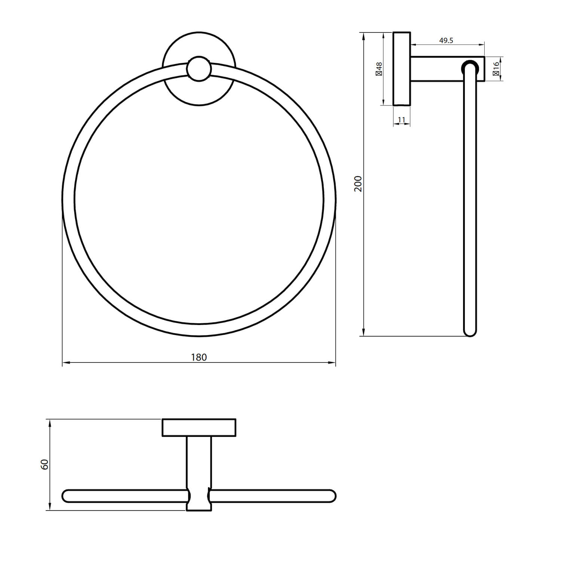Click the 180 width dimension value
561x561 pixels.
click(x=199, y=357)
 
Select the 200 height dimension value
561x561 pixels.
click(x=358, y=183)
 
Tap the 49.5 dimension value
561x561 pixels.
click(x=446, y=40)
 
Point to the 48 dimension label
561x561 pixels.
click(x=379, y=69)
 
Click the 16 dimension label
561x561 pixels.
click(x=496, y=69)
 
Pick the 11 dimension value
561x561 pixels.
click(x=401, y=120)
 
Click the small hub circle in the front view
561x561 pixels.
click(x=199, y=69)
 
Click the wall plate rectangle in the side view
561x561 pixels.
click(x=402, y=69)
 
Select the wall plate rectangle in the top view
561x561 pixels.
click(x=199, y=427)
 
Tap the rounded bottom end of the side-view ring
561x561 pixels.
click(x=470, y=331)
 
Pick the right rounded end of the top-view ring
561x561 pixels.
click(x=331, y=496)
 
